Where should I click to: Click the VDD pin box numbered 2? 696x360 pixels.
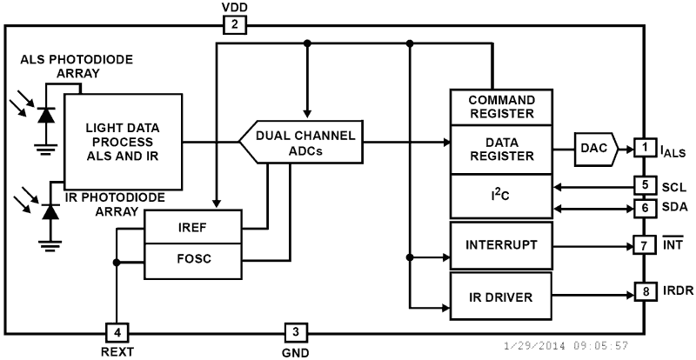(x=235, y=25)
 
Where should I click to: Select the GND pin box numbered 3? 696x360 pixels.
(x=295, y=331)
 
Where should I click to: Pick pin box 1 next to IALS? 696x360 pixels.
(x=644, y=149)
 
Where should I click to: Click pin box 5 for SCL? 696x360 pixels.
(x=644, y=185)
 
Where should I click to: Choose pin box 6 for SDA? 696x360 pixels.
(x=644, y=208)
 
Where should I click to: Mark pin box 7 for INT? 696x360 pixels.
(x=644, y=246)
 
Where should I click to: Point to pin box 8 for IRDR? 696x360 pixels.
(x=644, y=290)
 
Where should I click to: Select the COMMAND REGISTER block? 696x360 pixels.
(x=502, y=107)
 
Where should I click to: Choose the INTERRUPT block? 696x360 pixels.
(x=502, y=246)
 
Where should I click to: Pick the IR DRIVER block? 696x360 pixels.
(x=502, y=296)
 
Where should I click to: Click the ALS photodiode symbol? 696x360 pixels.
(x=46, y=113)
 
